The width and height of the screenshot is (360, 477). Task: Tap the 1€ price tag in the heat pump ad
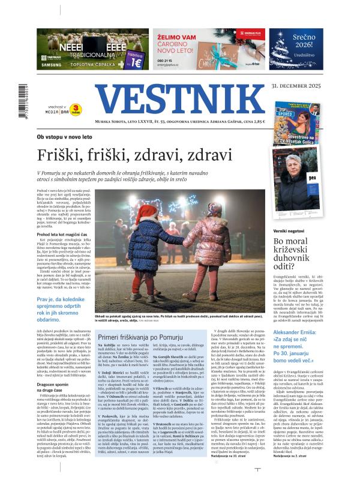coord(135,59)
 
